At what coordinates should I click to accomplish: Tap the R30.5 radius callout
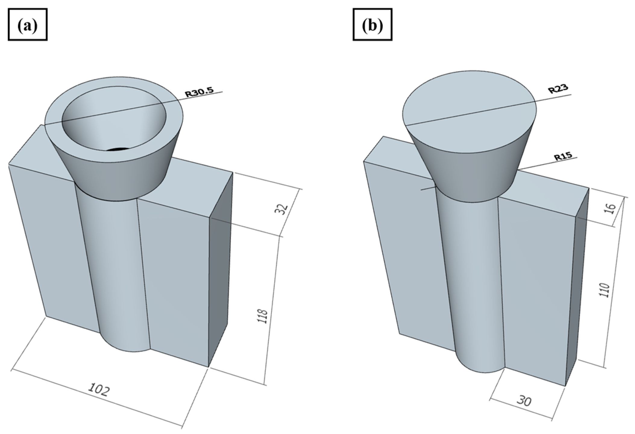[x=199, y=92]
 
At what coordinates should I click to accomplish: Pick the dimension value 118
[x=262, y=316]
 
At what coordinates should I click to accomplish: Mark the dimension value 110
[x=604, y=290]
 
